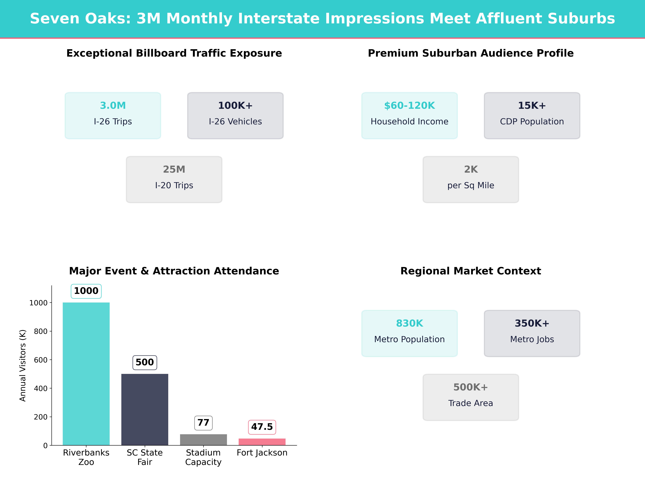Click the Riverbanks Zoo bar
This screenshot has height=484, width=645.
click(x=86, y=373)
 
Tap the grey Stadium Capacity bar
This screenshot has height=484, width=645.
click(x=203, y=440)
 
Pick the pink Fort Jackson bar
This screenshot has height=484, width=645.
click(x=262, y=442)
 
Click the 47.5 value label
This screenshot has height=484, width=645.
click(x=262, y=427)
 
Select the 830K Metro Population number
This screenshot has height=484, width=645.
click(x=409, y=323)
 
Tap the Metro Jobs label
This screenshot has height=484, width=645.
click(x=532, y=339)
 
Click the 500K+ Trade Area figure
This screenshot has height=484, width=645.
click(x=471, y=387)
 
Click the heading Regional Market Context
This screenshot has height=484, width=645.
click(x=471, y=271)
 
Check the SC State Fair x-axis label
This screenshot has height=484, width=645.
click(x=145, y=457)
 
